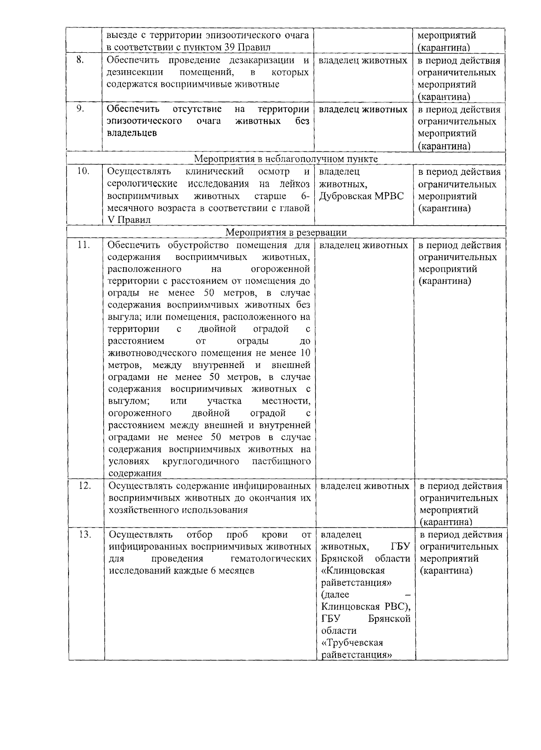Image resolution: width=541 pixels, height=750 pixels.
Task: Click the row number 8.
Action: [79, 60]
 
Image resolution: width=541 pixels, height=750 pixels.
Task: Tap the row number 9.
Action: [80, 109]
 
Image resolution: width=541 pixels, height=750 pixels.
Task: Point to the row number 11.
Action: [84, 245]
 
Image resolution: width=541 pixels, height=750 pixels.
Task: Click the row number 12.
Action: [85, 486]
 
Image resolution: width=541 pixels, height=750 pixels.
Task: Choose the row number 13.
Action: [85, 535]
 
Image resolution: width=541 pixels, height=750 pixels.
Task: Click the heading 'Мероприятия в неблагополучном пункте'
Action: [286, 159]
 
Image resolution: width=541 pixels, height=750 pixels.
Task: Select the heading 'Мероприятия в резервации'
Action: [286, 232]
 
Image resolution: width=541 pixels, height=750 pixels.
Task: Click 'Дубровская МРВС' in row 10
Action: [361, 196]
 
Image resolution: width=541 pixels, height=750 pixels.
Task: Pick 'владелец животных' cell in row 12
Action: [365, 486]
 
